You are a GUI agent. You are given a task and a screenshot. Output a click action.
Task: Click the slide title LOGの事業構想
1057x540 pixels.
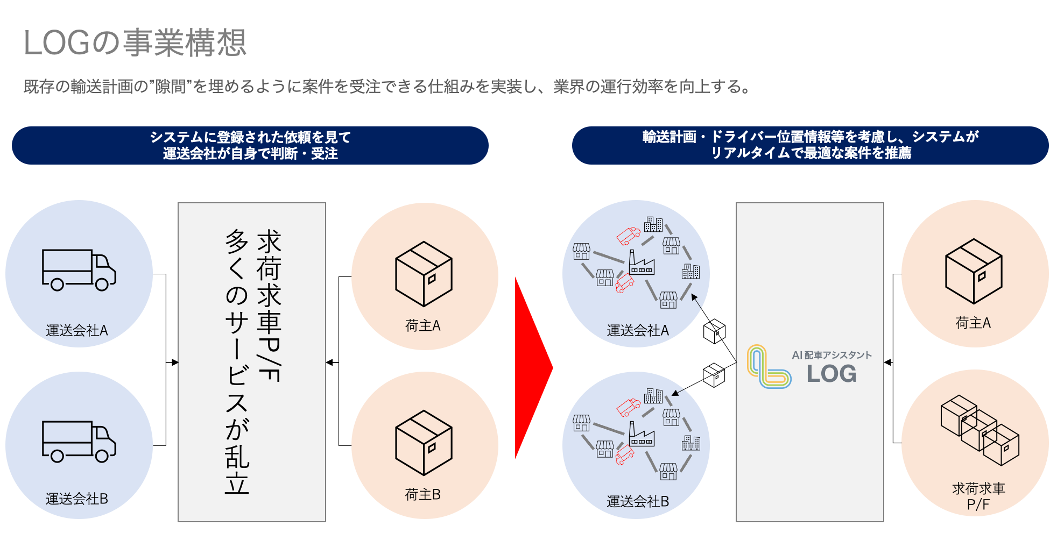click(x=135, y=43)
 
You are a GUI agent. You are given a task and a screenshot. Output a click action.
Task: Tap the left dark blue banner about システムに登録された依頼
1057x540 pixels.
click(x=250, y=145)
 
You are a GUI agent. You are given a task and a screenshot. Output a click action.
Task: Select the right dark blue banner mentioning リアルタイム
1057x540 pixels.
click(x=810, y=145)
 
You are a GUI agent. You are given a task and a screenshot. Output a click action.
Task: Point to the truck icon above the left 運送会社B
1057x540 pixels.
click(x=79, y=442)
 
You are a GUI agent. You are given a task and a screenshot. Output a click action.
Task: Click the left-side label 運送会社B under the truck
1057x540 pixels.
click(x=77, y=499)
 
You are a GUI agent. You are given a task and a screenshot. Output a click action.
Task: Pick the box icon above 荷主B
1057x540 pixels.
click(x=424, y=443)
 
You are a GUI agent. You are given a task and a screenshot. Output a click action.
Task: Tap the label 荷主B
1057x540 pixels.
click(x=423, y=494)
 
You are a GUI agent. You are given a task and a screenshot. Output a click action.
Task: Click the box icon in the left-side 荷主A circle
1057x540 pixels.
click(x=424, y=274)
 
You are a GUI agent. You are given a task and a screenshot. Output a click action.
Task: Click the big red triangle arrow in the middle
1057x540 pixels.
click(x=532, y=368)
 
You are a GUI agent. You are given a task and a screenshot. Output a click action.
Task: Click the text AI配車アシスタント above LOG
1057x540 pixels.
click(x=831, y=355)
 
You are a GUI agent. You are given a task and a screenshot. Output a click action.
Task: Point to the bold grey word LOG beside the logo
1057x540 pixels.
click(x=831, y=374)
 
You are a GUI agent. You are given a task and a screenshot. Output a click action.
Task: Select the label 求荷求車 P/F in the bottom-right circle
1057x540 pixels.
click(x=978, y=496)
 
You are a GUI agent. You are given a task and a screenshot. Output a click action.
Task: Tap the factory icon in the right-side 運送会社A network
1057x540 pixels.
click(x=641, y=263)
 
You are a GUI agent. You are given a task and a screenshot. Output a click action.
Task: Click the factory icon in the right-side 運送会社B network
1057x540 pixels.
click(x=641, y=435)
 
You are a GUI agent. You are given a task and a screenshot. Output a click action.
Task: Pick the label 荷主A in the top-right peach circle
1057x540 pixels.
click(x=973, y=323)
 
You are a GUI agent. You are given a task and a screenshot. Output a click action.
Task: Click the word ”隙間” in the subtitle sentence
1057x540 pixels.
click(x=171, y=87)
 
